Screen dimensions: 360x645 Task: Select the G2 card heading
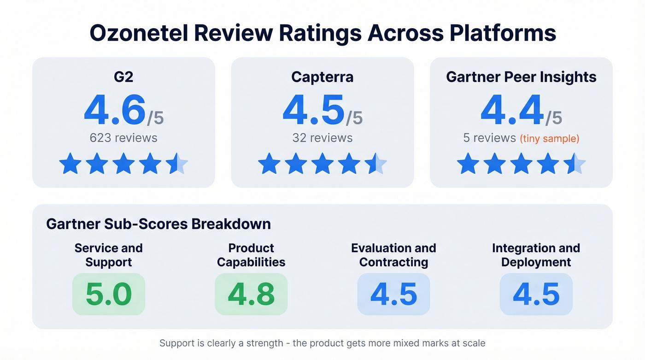pos(123,77)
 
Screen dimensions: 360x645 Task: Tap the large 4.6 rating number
pos(115,111)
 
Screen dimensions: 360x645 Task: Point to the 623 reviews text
pos(123,137)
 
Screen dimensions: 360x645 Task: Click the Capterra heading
pos(322,77)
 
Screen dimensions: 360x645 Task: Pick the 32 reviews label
pos(322,137)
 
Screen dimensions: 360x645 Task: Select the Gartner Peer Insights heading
pos(521,77)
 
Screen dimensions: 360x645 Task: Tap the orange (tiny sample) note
pos(549,138)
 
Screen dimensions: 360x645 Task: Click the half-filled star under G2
pos(176,164)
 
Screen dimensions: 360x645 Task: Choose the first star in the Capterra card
pos(269,164)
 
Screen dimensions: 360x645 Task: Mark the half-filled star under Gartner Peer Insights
pos(574,164)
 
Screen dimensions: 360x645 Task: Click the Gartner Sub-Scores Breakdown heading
pos(158,224)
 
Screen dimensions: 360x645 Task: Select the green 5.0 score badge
pos(109,294)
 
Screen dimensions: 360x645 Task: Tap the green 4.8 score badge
pos(251,294)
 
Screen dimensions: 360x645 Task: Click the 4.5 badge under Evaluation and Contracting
pos(393,294)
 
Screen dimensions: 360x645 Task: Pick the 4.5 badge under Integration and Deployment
pos(536,294)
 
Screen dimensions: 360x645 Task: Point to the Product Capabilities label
pos(251,255)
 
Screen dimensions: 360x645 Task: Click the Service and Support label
pos(109,255)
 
